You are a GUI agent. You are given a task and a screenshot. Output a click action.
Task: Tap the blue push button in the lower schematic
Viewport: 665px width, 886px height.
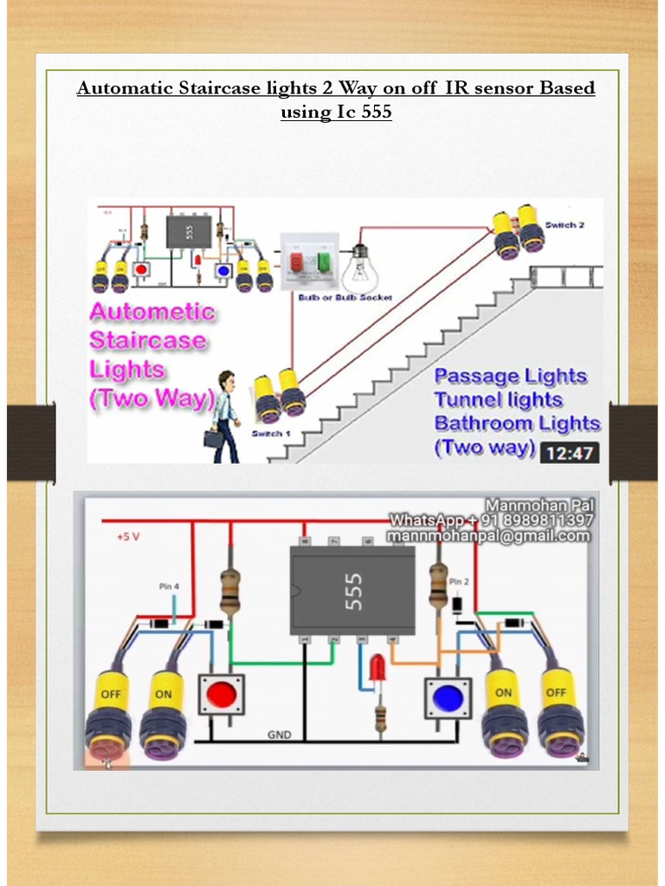(x=448, y=697)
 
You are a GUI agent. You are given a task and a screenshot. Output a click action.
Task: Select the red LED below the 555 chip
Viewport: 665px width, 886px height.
(x=378, y=669)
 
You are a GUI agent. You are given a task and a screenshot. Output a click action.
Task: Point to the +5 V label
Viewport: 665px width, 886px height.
(x=127, y=536)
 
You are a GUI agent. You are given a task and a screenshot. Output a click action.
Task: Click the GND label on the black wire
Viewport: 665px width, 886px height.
(x=279, y=735)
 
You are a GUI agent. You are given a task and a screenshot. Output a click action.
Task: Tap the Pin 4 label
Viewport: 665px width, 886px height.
(x=169, y=586)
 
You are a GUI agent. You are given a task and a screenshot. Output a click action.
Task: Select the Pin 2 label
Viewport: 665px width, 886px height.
(x=459, y=581)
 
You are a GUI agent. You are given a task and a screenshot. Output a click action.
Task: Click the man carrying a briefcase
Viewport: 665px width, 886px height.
(x=224, y=416)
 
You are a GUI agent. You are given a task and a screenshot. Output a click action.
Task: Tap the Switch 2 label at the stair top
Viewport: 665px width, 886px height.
(x=565, y=224)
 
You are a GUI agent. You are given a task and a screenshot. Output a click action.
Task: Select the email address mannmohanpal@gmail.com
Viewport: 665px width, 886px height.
(x=489, y=536)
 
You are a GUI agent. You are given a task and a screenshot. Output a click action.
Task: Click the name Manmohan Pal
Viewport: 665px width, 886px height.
(x=539, y=505)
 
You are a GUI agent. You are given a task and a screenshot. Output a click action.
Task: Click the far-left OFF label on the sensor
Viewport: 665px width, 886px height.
(x=110, y=694)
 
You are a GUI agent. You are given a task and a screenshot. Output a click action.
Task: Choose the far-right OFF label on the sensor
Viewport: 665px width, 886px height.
(x=555, y=693)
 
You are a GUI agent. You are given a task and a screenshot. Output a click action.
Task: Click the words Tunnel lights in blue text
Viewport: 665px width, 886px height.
(x=498, y=400)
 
